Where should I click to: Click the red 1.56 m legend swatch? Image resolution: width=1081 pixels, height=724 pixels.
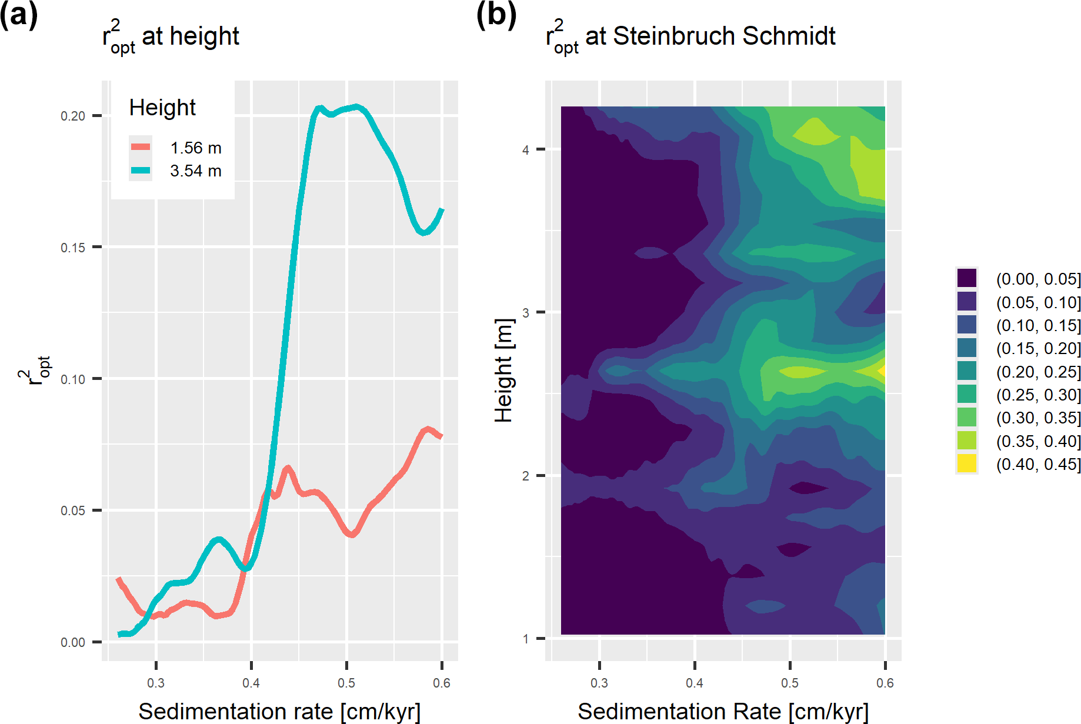pyautogui.click(x=141, y=147)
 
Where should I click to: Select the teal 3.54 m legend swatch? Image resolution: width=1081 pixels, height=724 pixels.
pyautogui.click(x=141, y=171)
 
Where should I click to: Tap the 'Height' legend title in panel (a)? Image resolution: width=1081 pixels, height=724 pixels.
pyautogui.click(x=162, y=108)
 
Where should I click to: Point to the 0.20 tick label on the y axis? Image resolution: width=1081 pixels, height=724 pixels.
pyautogui.click(x=73, y=116)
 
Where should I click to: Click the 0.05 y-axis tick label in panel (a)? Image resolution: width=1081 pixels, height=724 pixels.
pyautogui.click(x=73, y=511)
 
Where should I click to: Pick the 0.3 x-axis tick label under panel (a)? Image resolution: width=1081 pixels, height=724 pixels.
pyautogui.click(x=156, y=683)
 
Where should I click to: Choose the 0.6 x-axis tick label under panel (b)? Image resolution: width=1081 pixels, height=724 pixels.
pyautogui.click(x=885, y=683)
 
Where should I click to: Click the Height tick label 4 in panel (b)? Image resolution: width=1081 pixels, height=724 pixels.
pyautogui.click(x=526, y=150)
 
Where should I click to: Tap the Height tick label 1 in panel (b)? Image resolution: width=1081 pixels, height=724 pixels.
pyautogui.click(x=526, y=639)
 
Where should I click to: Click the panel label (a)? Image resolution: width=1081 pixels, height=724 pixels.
pyautogui.click(x=19, y=14)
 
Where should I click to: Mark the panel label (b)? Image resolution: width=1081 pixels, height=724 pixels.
pyautogui.click(x=496, y=14)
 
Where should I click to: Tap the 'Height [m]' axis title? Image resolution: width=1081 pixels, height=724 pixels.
pyautogui.click(x=504, y=371)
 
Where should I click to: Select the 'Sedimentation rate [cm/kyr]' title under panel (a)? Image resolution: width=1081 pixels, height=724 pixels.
pyautogui.click(x=279, y=711)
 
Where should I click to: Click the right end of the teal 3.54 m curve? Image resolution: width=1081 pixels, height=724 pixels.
pyautogui.click(x=442, y=210)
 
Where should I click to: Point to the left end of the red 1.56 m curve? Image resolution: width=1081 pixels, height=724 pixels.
pyautogui.click(x=119, y=580)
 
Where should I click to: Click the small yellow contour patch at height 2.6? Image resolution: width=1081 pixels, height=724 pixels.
pyautogui.click(x=881, y=371)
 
